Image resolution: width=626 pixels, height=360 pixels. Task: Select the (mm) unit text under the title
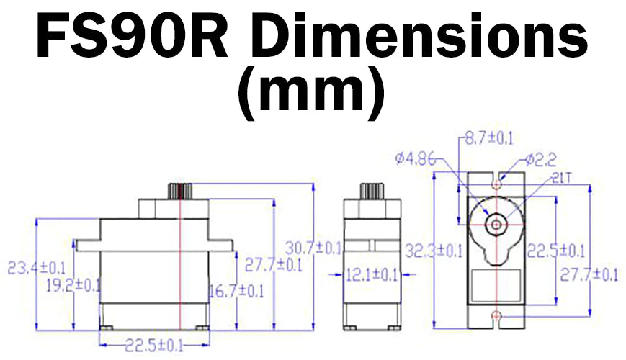310,94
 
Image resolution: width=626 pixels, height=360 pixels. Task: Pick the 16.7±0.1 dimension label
236,291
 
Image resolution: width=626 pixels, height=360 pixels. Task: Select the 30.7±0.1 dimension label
313,248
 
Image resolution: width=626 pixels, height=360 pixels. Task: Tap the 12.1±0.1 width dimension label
372,274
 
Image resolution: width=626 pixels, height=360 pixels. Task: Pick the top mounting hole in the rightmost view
496,184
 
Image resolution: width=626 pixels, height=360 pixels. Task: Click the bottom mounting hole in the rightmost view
496,316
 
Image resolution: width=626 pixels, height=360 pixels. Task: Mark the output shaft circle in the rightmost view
496,223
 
